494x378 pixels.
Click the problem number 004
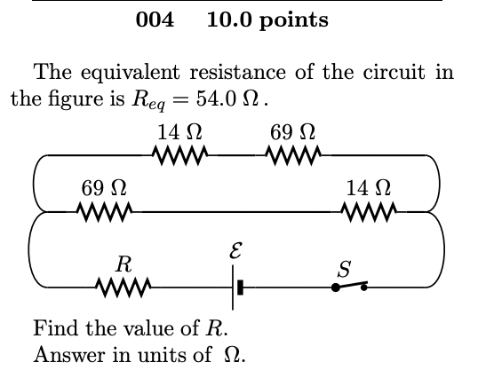[x=155, y=20]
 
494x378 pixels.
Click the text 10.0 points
[x=267, y=20]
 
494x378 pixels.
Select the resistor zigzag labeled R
[x=125, y=287]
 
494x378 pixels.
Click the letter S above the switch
[x=345, y=265]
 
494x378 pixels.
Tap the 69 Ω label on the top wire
[x=292, y=133]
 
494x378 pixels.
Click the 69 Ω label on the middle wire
[x=103, y=188]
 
